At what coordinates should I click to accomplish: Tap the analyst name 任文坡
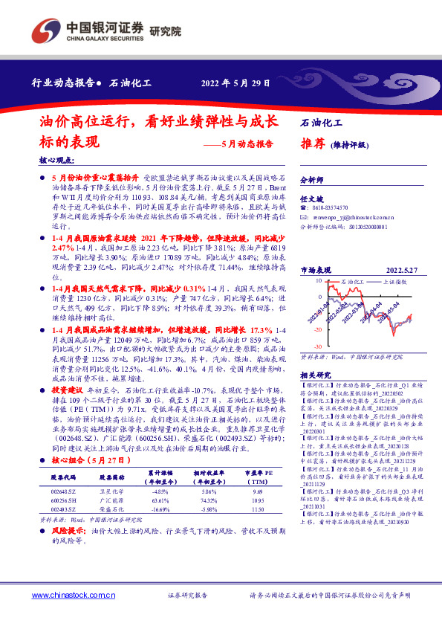tap(311, 199)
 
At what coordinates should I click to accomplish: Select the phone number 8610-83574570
tap(328, 209)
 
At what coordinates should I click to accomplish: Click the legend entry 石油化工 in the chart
tap(356, 283)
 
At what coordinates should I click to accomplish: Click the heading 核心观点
tap(56, 161)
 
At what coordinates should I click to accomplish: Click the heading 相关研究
tap(315, 375)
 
